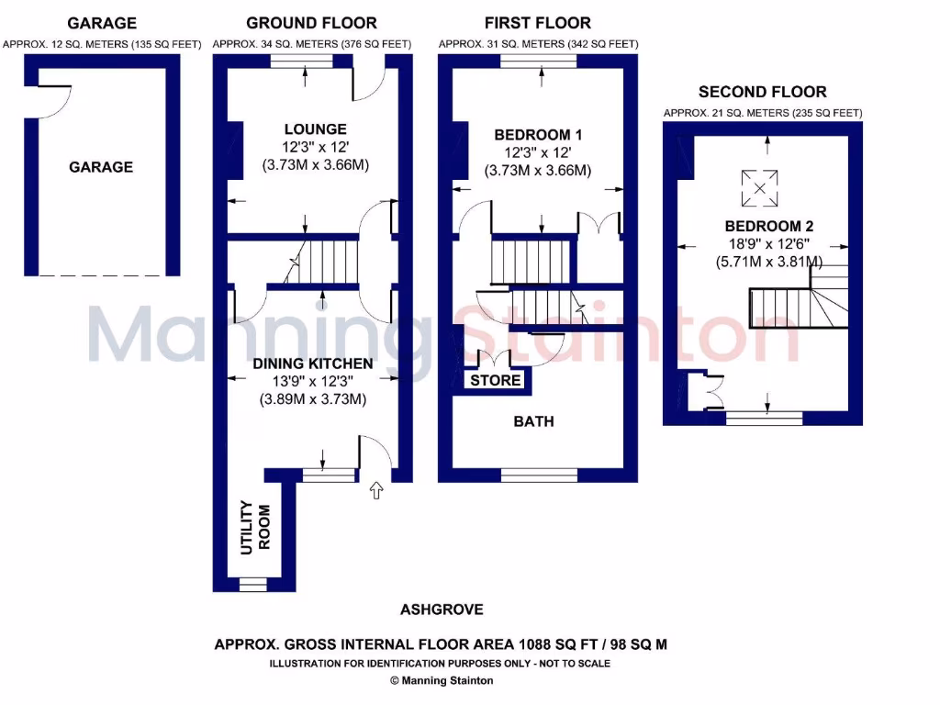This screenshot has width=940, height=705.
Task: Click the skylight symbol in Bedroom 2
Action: [759, 188]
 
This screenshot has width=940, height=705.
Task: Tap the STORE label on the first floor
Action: [497, 380]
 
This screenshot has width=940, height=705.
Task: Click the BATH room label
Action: [533, 421]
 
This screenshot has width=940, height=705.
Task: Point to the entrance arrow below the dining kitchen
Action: [375, 493]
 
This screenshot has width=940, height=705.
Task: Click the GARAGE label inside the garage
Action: [101, 167]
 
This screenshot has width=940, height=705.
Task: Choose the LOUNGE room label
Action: [315, 129]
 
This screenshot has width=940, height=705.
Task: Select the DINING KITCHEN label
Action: [313, 364]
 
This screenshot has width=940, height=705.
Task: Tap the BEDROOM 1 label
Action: [538, 135]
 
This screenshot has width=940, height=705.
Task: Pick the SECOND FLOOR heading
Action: [762, 92]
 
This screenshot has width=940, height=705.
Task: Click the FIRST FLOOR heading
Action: [538, 23]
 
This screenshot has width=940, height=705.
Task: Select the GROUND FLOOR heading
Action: [311, 23]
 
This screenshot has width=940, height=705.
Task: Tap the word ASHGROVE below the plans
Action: [442, 610]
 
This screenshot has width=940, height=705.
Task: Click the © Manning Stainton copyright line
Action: [442, 680]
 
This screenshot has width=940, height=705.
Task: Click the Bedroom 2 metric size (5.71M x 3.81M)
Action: [769, 263]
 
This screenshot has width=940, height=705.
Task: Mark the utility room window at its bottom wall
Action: [252, 585]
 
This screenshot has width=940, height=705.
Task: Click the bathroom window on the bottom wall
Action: [539, 476]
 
